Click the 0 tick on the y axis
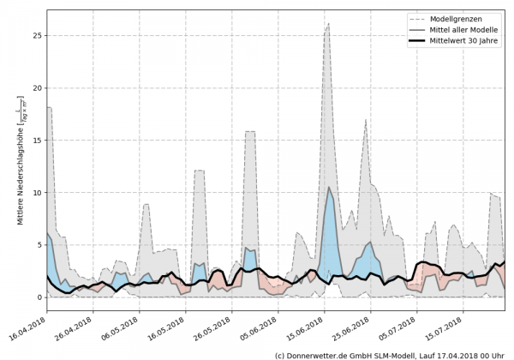(x=39, y=297)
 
